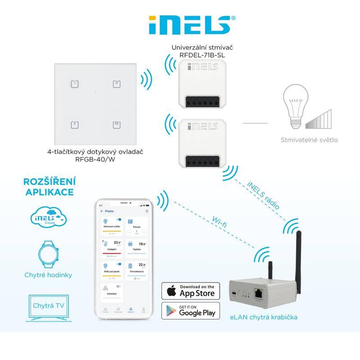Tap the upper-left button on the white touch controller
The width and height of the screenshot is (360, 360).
coord(76,84)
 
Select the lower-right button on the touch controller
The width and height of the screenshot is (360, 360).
coord(116,124)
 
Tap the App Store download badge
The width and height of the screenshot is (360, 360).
coord(191,291)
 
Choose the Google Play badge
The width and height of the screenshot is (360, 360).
coord(191,311)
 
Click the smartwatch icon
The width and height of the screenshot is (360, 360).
coord(49,254)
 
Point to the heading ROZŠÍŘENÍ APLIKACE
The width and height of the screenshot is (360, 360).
coord(49,186)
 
